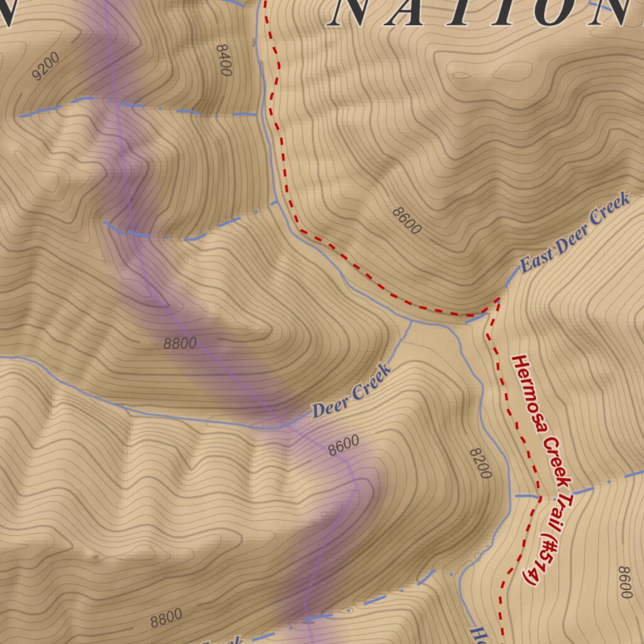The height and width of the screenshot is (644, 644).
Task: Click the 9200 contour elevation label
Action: [x=45, y=66]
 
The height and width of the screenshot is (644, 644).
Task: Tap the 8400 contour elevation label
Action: [x=223, y=60]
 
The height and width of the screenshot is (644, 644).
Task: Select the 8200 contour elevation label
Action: [x=480, y=464]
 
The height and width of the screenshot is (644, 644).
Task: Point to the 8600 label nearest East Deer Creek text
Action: [x=407, y=221]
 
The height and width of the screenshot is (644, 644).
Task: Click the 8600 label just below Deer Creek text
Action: [x=343, y=446]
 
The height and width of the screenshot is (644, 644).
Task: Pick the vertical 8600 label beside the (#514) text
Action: [x=625, y=582]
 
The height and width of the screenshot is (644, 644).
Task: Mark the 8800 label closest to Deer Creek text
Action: [x=180, y=343]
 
